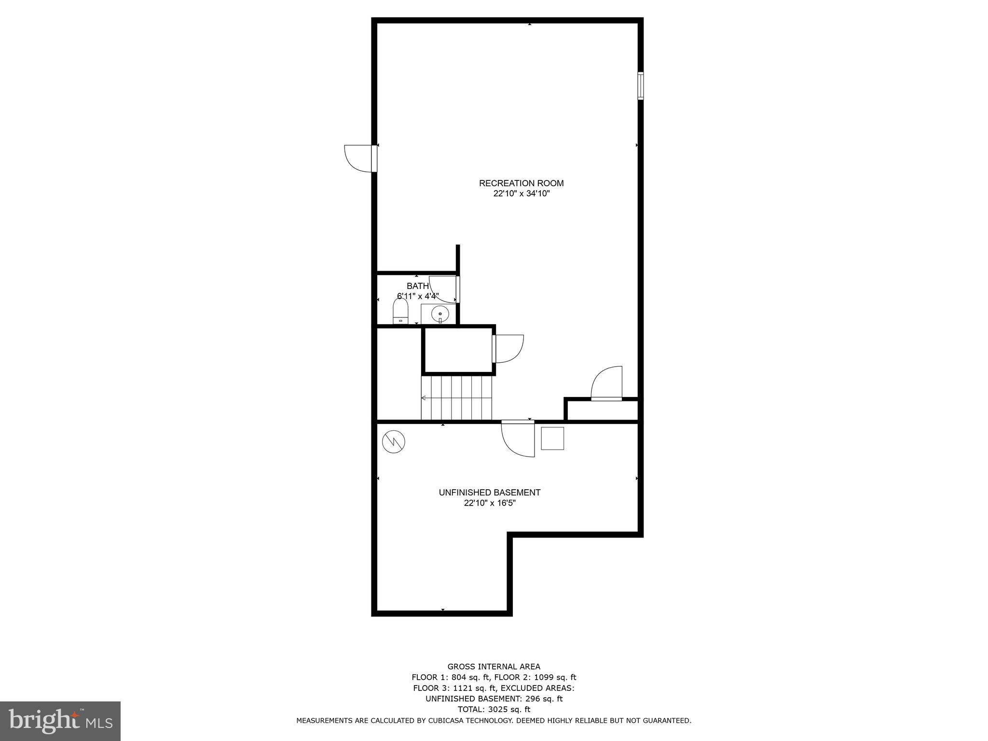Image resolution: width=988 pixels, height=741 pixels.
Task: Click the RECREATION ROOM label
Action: (x=521, y=183)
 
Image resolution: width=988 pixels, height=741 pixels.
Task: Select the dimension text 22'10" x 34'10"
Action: (x=521, y=194)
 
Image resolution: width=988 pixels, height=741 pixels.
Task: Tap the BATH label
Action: (x=417, y=286)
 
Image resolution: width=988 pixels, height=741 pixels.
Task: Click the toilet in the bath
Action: (x=400, y=311)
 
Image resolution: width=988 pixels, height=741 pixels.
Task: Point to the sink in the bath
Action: (x=439, y=314)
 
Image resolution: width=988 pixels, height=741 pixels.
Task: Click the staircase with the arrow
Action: (x=456, y=398)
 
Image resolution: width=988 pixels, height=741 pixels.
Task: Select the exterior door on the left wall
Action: (x=359, y=158)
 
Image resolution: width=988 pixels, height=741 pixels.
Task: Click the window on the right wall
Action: (x=640, y=86)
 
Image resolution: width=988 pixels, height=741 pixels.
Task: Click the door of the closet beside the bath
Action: (x=508, y=348)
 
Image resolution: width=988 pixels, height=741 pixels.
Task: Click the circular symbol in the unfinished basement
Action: (x=393, y=441)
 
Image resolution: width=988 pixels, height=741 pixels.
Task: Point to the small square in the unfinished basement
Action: (x=552, y=438)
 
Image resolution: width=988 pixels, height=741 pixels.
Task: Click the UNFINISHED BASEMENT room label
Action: (x=489, y=493)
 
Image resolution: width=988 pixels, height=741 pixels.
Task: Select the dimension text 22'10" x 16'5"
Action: (x=489, y=503)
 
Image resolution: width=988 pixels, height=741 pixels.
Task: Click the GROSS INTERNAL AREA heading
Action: (x=494, y=667)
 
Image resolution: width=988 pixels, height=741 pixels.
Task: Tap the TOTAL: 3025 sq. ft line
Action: (x=494, y=709)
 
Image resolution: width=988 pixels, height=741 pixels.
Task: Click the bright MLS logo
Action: (x=60, y=721)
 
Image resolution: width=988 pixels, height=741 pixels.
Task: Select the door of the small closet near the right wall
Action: (x=607, y=384)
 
